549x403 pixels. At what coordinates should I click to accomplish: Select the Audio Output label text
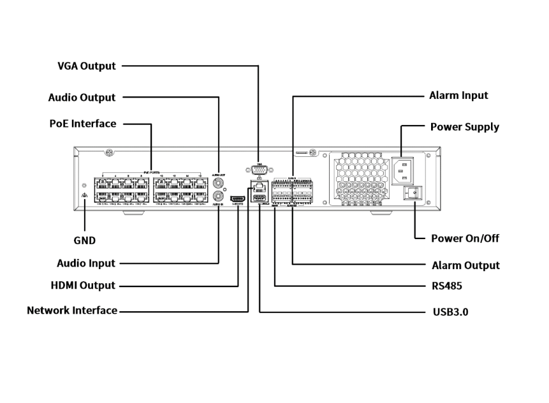coord(82,98)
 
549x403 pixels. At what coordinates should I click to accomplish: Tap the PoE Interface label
coord(82,124)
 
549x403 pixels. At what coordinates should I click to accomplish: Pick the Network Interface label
coord(72,311)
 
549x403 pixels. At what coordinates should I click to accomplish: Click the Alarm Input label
coord(459,96)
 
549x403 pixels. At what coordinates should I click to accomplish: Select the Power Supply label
coord(464,127)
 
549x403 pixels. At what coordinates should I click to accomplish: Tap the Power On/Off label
coord(464,238)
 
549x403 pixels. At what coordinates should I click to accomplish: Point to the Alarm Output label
coord(465,265)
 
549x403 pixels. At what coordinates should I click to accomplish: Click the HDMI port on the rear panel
coord(237,200)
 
